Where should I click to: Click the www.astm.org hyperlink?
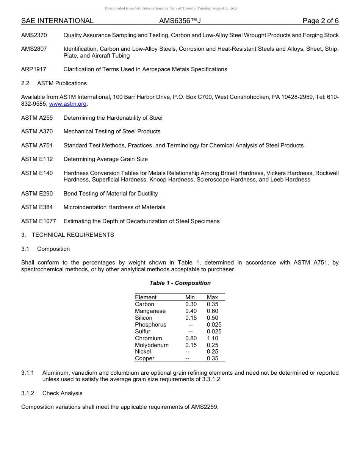[x=68, y=104]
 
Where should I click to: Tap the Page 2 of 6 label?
[x=320, y=21]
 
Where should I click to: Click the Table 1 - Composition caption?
[x=180, y=283]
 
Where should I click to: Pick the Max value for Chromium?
[x=212, y=338]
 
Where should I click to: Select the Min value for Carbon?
[x=191, y=304]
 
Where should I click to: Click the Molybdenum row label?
[x=152, y=345]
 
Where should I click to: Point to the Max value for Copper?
[x=212, y=358]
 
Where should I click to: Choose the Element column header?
[x=146, y=297]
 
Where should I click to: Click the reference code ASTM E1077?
[x=38, y=221]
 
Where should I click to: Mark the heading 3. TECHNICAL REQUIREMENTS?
[x=67, y=235]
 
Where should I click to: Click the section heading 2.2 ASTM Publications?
[x=54, y=83]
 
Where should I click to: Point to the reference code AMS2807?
[x=34, y=49]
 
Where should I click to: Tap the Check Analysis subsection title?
[x=62, y=393]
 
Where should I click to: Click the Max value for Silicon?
[x=212, y=318]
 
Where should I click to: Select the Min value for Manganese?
[x=191, y=311]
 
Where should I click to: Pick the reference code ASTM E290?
[x=37, y=194]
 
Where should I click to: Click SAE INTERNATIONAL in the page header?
[x=57, y=21]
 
